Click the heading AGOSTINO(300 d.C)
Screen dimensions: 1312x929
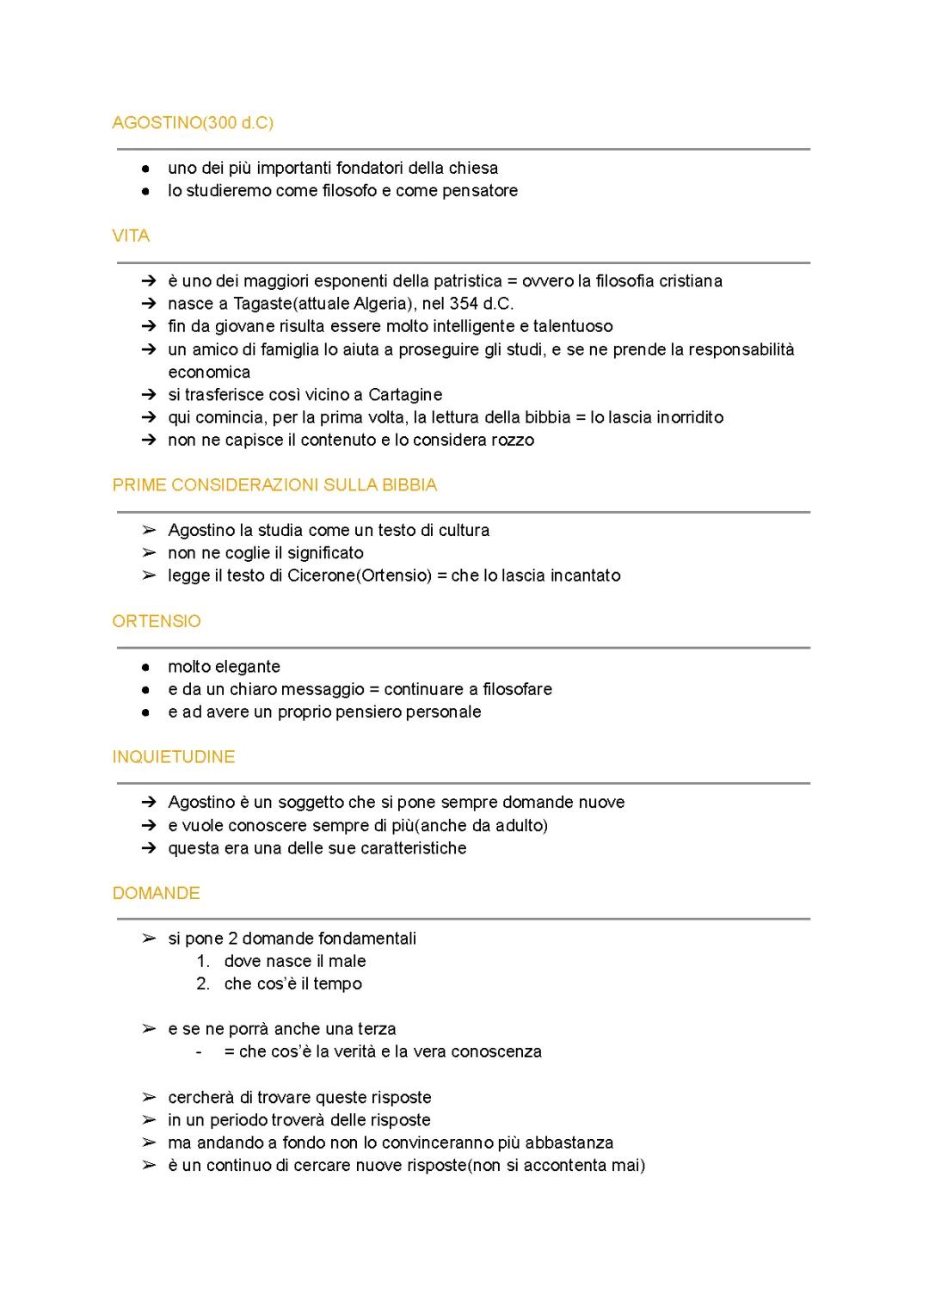(193, 123)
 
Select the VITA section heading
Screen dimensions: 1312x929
(131, 236)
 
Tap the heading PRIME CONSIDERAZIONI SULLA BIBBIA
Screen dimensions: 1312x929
(274, 485)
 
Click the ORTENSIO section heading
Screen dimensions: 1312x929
(157, 621)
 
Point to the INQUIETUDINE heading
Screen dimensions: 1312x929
(174, 757)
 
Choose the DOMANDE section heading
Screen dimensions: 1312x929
(156, 893)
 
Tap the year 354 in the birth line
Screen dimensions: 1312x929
(464, 304)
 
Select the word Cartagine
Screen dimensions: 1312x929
(405, 395)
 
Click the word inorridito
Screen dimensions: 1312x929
(690, 417)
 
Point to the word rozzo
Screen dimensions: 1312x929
(513, 440)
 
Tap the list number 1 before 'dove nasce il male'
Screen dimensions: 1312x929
(203, 961)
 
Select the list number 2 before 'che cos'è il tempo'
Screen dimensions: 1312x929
(203, 983)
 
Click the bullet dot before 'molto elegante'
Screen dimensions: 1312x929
(148, 667)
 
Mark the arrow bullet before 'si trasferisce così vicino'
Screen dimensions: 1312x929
(149, 395)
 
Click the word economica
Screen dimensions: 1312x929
(209, 373)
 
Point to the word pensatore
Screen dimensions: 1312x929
(480, 191)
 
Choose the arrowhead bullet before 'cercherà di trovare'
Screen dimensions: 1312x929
(149, 1098)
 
